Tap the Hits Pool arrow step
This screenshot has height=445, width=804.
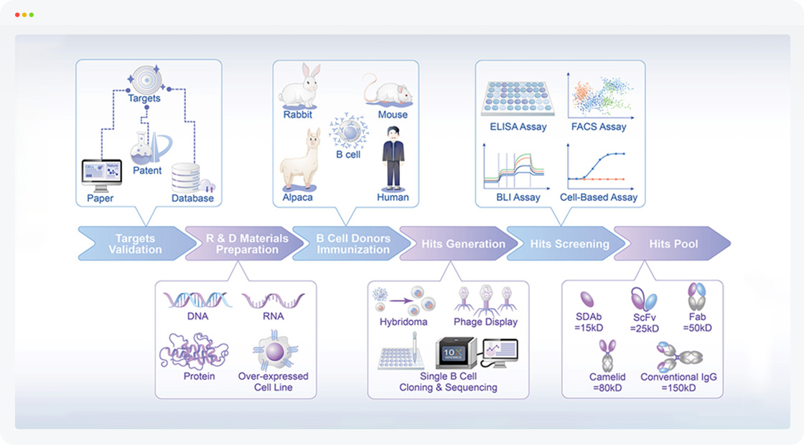point(672,243)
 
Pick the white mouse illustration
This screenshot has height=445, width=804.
point(388,90)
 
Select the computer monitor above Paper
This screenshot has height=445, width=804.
point(100,174)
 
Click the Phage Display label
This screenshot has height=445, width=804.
point(485,322)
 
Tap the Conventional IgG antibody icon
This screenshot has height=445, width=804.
point(678,356)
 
